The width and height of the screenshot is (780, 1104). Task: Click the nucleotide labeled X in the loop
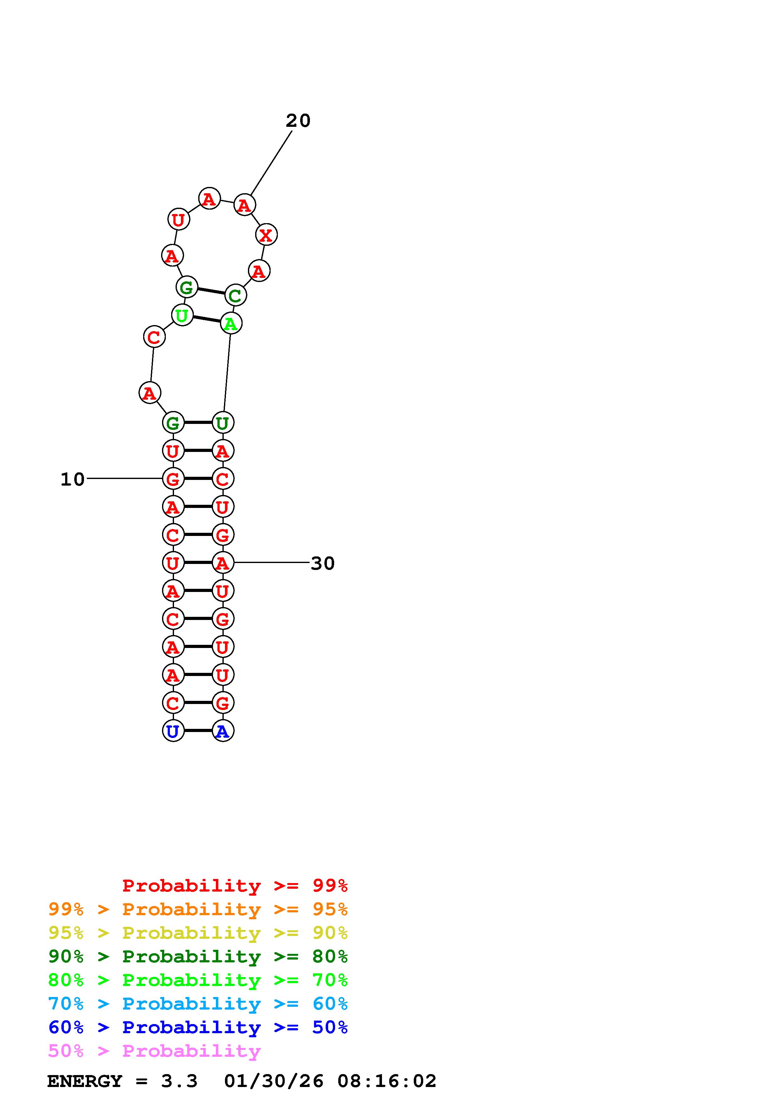coord(266,235)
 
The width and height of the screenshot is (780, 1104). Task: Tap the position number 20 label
coord(298,121)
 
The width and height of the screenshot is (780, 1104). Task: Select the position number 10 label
coord(73,479)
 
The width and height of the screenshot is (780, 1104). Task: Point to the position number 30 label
coord(323,563)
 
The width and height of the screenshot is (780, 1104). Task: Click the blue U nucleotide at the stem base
coord(173,731)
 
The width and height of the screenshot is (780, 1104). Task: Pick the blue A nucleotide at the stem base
coord(222,731)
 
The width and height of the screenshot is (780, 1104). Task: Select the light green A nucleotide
coord(231,324)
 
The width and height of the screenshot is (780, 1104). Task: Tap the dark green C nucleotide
coord(235,295)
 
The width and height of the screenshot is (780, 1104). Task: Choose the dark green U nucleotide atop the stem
coord(222,423)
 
